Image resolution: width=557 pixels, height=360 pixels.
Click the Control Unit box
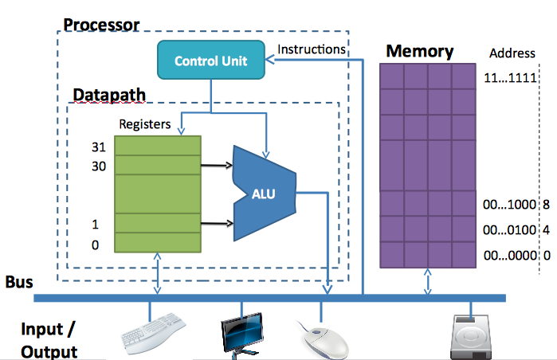[x=211, y=61]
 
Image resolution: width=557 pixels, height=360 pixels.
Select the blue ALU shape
[x=264, y=193]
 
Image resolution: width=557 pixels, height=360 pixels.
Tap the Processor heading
[x=101, y=24]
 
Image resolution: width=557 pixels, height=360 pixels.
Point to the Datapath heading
[x=109, y=95]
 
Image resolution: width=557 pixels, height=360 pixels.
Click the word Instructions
[x=312, y=49]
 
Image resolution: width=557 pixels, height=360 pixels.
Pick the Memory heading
[x=419, y=53]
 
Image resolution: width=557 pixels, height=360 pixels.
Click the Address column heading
[x=512, y=54]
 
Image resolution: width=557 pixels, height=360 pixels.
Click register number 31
[x=99, y=147]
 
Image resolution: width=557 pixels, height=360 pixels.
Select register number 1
[x=96, y=225]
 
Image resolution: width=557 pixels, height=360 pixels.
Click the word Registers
[x=144, y=124]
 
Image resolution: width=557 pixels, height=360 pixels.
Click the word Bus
[x=19, y=283]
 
